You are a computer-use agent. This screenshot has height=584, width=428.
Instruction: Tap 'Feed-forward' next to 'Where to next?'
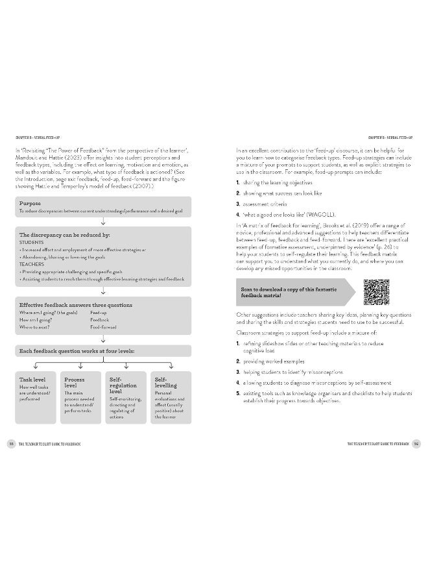coord(103,328)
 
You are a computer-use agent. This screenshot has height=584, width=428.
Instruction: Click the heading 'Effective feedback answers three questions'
coord(76,304)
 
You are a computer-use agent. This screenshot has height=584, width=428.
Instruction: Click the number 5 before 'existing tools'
coord(239,393)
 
